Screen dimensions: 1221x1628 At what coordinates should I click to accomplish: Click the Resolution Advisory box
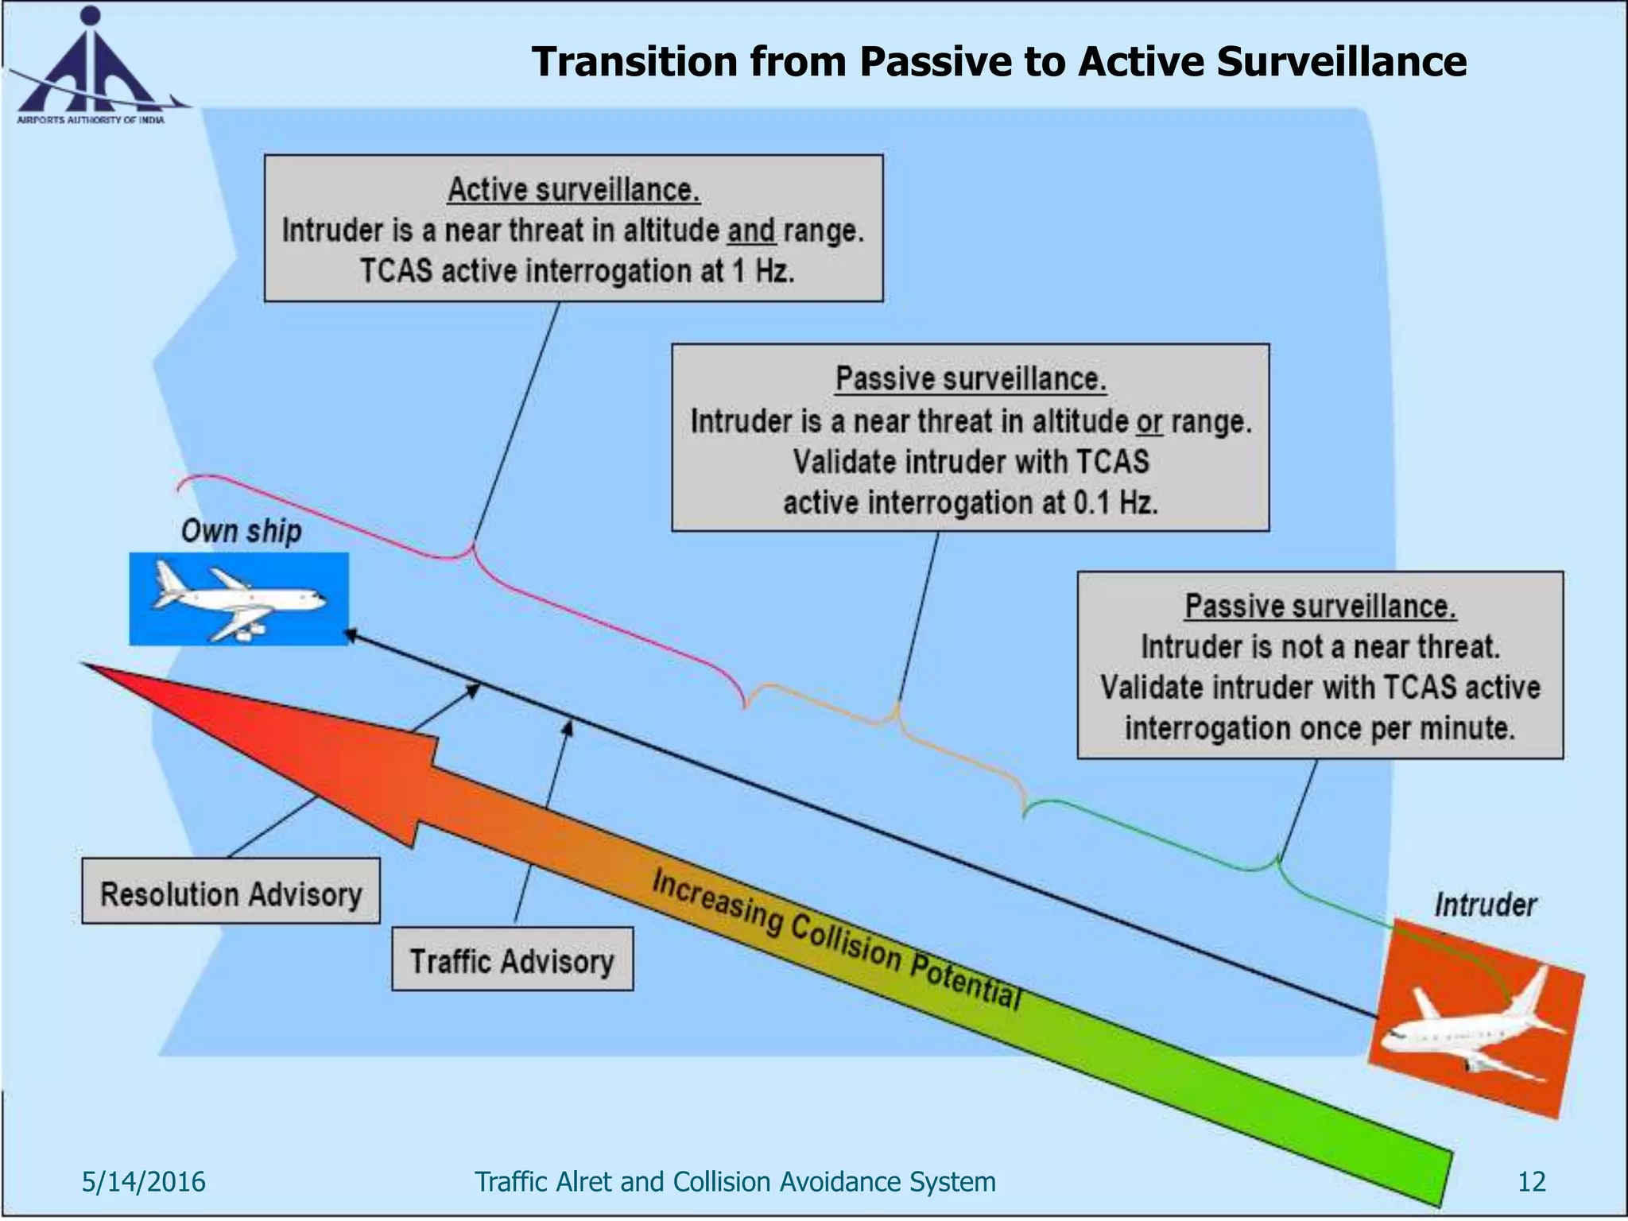tap(231, 891)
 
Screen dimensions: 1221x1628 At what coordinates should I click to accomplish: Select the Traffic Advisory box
tap(512, 959)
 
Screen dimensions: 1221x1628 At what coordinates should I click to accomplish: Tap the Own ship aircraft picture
tap(238, 599)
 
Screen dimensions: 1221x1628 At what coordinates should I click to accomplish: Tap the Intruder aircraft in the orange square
tap(1475, 1021)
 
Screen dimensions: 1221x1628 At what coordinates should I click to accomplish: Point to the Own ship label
tap(241, 530)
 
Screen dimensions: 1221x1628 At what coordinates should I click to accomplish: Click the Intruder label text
tap(1484, 905)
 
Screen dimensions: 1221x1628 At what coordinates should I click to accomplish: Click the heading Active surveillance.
tap(573, 189)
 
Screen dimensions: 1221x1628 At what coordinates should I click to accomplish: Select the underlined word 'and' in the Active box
tap(751, 231)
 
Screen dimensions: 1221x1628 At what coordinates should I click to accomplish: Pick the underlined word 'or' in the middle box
tap(1149, 421)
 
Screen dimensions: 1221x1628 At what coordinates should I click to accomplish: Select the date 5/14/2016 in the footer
tap(143, 1181)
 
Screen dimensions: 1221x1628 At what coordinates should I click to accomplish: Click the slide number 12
tap(1531, 1181)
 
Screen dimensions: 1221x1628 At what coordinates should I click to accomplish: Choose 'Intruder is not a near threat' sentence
tap(1320, 646)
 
